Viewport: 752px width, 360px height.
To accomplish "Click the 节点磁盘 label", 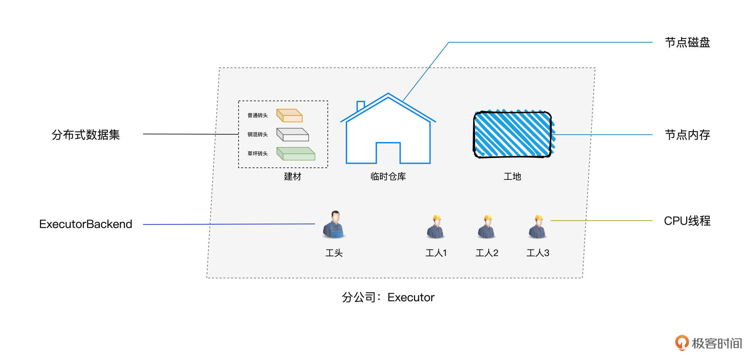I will (x=687, y=42).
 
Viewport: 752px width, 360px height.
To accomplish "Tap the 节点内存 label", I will (x=687, y=135).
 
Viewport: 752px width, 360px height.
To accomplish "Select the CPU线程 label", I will (x=687, y=221).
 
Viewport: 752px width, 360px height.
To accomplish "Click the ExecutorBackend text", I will (x=86, y=224).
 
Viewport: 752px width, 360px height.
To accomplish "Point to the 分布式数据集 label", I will (x=86, y=135).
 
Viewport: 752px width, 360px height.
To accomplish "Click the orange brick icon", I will (x=289, y=116).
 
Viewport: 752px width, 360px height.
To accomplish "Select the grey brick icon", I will (x=293, y=134).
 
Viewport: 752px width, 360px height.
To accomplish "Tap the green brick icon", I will (x=296, y=154).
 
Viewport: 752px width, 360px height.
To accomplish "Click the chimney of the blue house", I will (x=361, y=106).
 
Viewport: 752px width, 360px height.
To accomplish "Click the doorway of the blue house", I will (x=388, y=154).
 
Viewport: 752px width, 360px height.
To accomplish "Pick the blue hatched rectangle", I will (x=512, y=134).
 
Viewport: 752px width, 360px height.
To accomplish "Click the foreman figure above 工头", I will (x=334, y=225).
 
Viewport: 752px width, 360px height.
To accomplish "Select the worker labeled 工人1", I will (x=436, y=227).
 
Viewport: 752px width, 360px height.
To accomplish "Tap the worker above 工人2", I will (x=487, y=227).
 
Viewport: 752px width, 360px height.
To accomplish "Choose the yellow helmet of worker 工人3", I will (x=539, y=218).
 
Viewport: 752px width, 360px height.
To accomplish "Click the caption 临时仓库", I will (x=388, y=177).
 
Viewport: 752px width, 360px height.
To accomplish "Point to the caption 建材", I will (x=293, y=177).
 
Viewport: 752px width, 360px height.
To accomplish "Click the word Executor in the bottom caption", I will (x=411, y=298).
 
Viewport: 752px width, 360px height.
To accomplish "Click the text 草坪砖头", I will (x=257, y=154).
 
